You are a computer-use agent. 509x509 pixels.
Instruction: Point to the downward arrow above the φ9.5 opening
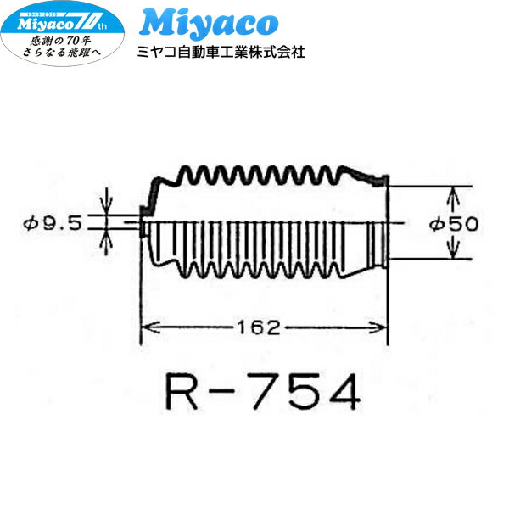click(106, 206)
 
